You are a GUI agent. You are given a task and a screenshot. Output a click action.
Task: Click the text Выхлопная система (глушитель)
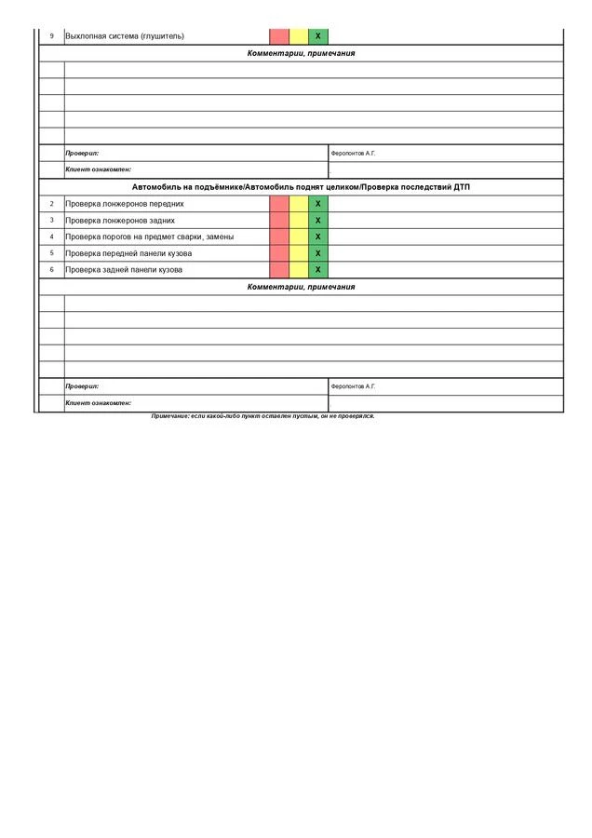(125, 36)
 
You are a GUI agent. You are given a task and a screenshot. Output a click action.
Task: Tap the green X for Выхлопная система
(318, 36)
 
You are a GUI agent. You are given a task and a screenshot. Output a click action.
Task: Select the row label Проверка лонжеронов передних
(125, 204)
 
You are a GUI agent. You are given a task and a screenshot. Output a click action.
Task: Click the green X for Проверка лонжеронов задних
(318, 221)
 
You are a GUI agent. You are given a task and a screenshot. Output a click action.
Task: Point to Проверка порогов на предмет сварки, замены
(150, 237)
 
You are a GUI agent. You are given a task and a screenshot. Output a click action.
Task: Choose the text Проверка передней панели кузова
(128, 253)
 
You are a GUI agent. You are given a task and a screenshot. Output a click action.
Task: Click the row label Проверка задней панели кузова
(124, 270)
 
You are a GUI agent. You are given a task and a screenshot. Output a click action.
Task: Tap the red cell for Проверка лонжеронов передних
(279, 204)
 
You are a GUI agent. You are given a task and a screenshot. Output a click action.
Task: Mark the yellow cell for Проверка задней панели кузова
(299, 270)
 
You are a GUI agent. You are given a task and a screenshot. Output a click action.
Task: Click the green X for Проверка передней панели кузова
(318, 253)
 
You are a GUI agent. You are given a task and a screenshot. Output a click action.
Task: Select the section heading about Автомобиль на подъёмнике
(301, 187)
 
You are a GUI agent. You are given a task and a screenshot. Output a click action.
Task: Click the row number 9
(51, 36)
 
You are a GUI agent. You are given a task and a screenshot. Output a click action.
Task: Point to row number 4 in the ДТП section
(51, 237)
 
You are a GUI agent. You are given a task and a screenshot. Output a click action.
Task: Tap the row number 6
(51, 270)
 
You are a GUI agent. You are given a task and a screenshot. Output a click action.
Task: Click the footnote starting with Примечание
(262, 416)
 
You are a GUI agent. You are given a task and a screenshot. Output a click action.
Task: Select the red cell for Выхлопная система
(279, 36)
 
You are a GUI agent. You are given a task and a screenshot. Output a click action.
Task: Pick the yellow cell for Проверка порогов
(299, 237)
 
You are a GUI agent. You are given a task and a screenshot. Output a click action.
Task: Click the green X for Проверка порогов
(318, 237)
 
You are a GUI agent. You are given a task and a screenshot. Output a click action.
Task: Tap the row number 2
(51, 204)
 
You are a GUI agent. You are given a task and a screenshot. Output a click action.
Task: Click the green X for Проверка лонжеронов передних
(318, 204)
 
